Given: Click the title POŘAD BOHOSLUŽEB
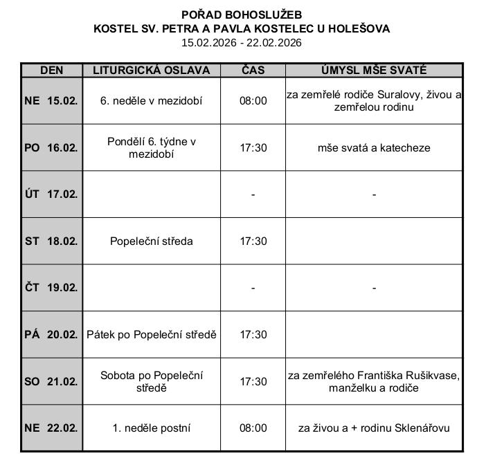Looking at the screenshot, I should pos(242,15).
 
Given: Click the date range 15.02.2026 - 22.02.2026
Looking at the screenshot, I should pos(242,42).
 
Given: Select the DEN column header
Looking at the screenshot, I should pos(52,71).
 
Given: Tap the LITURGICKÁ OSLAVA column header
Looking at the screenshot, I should pos(152,71).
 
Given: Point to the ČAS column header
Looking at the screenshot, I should pos(253,71).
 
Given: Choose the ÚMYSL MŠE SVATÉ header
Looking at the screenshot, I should pos(374,71).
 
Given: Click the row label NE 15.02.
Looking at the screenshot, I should pos(51,101).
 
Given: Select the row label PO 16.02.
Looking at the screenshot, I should pos(51,148).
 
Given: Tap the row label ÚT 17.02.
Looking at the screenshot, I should pos(51,194).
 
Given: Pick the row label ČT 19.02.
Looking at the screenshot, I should pos(51,288).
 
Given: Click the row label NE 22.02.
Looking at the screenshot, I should pos(51,428).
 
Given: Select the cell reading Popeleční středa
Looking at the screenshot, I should pos(152,241).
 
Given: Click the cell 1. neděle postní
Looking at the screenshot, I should pos(152,428).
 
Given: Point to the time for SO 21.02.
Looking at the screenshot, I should pos(253,381).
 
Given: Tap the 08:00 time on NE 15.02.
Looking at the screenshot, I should pos(253,101).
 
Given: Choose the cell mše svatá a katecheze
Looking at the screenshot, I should pos(374,148).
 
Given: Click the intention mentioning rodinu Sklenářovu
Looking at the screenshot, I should pos(374,428).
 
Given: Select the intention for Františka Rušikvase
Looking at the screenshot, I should pos(374,381).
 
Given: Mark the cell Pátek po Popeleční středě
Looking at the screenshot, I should pos(152,335).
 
